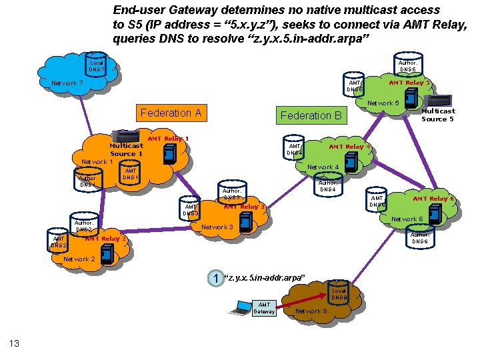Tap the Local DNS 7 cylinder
97,65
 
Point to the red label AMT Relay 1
168,139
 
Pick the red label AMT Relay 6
433,199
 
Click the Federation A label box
171,113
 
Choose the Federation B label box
311,115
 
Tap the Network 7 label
67,83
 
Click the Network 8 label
311,311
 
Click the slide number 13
14,343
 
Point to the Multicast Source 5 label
438,115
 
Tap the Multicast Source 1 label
126,149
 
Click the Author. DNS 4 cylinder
327,185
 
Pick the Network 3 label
217,227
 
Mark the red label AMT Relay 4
349,147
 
